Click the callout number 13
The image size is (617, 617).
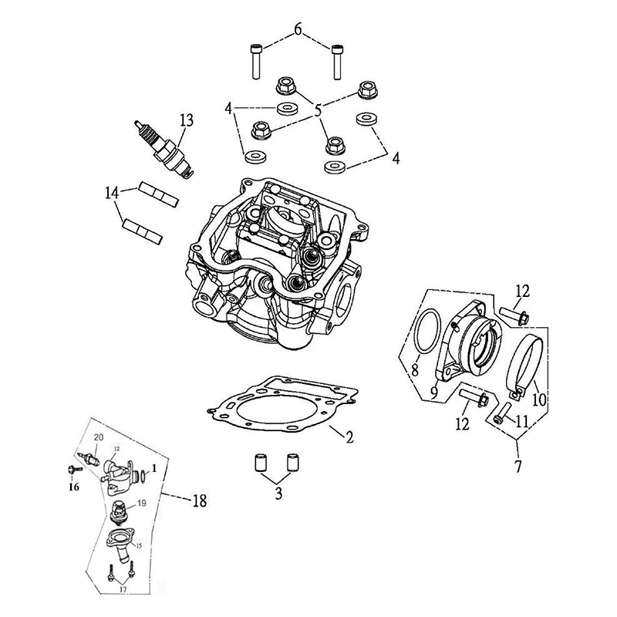[x=186, y=120]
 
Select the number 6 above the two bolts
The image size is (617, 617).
[x=298, y=31]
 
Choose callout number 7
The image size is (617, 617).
[x=518, y=467]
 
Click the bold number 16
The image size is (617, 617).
[x=75, y=487]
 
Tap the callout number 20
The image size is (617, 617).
[x=98, y=438]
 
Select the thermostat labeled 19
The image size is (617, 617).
[x=120, y=509]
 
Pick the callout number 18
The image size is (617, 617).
[x=200, y=501]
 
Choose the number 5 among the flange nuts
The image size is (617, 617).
[x=318, y=111]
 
